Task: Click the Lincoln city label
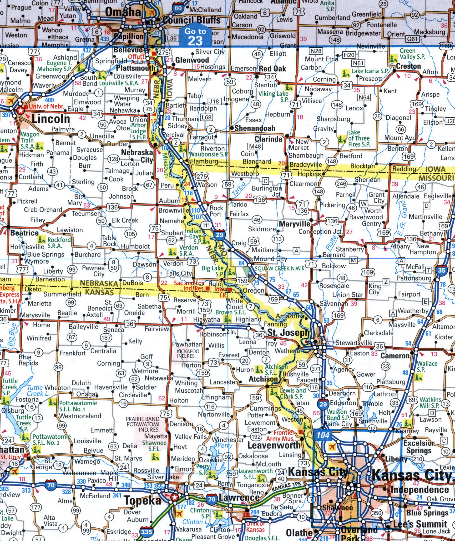pos(51,119)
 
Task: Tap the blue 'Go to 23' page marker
pos(195,36)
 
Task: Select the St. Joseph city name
pos(288,333)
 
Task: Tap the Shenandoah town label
pos(255,128)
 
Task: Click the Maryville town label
pos(295,224)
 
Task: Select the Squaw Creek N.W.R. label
pos(280,268)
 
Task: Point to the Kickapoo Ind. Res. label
pos(188,354)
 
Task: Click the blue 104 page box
pos(323,435)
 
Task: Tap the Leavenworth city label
pos(274,445)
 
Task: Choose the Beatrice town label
pos(24,233)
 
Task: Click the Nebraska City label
pos(137,156)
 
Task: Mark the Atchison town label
pos(263,379)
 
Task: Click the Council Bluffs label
pos(191,20)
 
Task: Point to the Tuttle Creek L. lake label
pos(38,391)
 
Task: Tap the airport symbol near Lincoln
pos(10,100)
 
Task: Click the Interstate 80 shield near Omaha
pos(178,8)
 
